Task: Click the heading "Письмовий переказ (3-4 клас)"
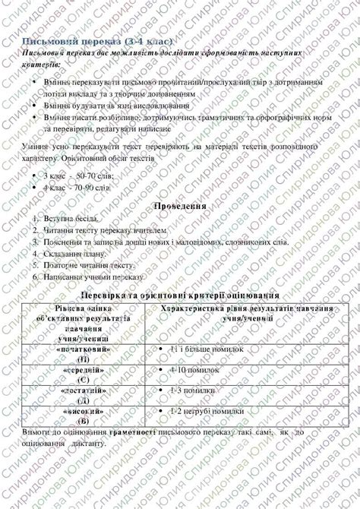(99, 40)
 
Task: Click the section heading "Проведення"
(180, 206)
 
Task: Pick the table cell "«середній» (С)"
(83, 374)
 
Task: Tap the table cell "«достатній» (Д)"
(83, 394)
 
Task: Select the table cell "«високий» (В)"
(83, 415)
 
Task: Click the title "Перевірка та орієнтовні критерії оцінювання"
(180, 295)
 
